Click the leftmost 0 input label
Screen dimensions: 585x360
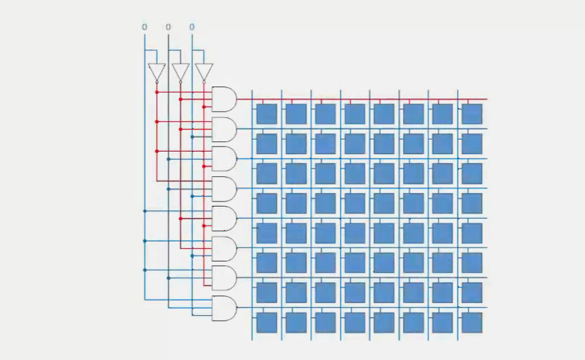point(144,27)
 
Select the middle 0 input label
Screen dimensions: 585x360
point(168,27)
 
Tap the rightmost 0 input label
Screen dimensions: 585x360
point(192,27)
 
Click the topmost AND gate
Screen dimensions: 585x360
point(224,100)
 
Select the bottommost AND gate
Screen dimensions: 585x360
point(224,308)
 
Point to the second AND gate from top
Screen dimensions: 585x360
point(224,129)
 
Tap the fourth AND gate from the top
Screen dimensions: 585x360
point(224,189)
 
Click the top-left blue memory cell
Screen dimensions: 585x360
point(267,114)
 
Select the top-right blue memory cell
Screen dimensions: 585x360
point(472,114)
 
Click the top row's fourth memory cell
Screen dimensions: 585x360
point(354,114)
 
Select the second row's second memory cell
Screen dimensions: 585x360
point(296,144)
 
